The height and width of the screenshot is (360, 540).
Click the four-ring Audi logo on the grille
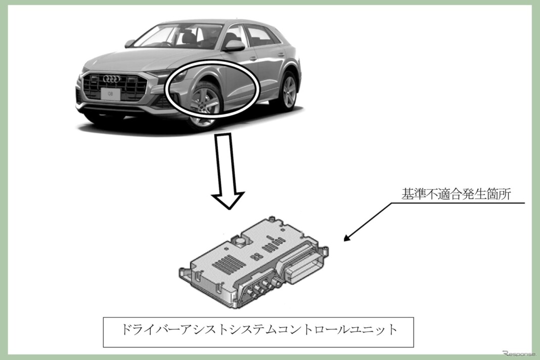110,79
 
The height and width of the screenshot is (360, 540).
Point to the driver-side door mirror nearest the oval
235,45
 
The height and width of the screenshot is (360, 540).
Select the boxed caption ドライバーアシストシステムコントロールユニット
258,332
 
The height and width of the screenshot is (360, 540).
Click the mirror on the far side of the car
130,43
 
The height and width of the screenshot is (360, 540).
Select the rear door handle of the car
281,55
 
